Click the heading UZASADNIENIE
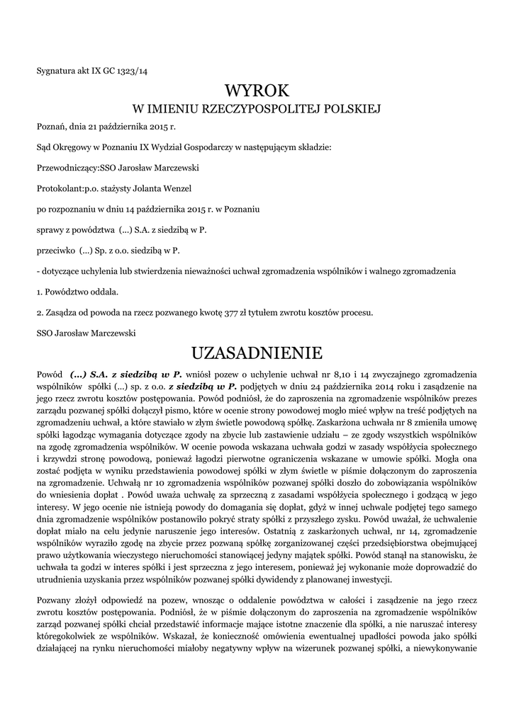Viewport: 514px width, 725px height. tap(257, 352)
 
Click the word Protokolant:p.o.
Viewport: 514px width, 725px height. tap(69, 189)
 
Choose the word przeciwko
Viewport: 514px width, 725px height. tap(55, 251)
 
